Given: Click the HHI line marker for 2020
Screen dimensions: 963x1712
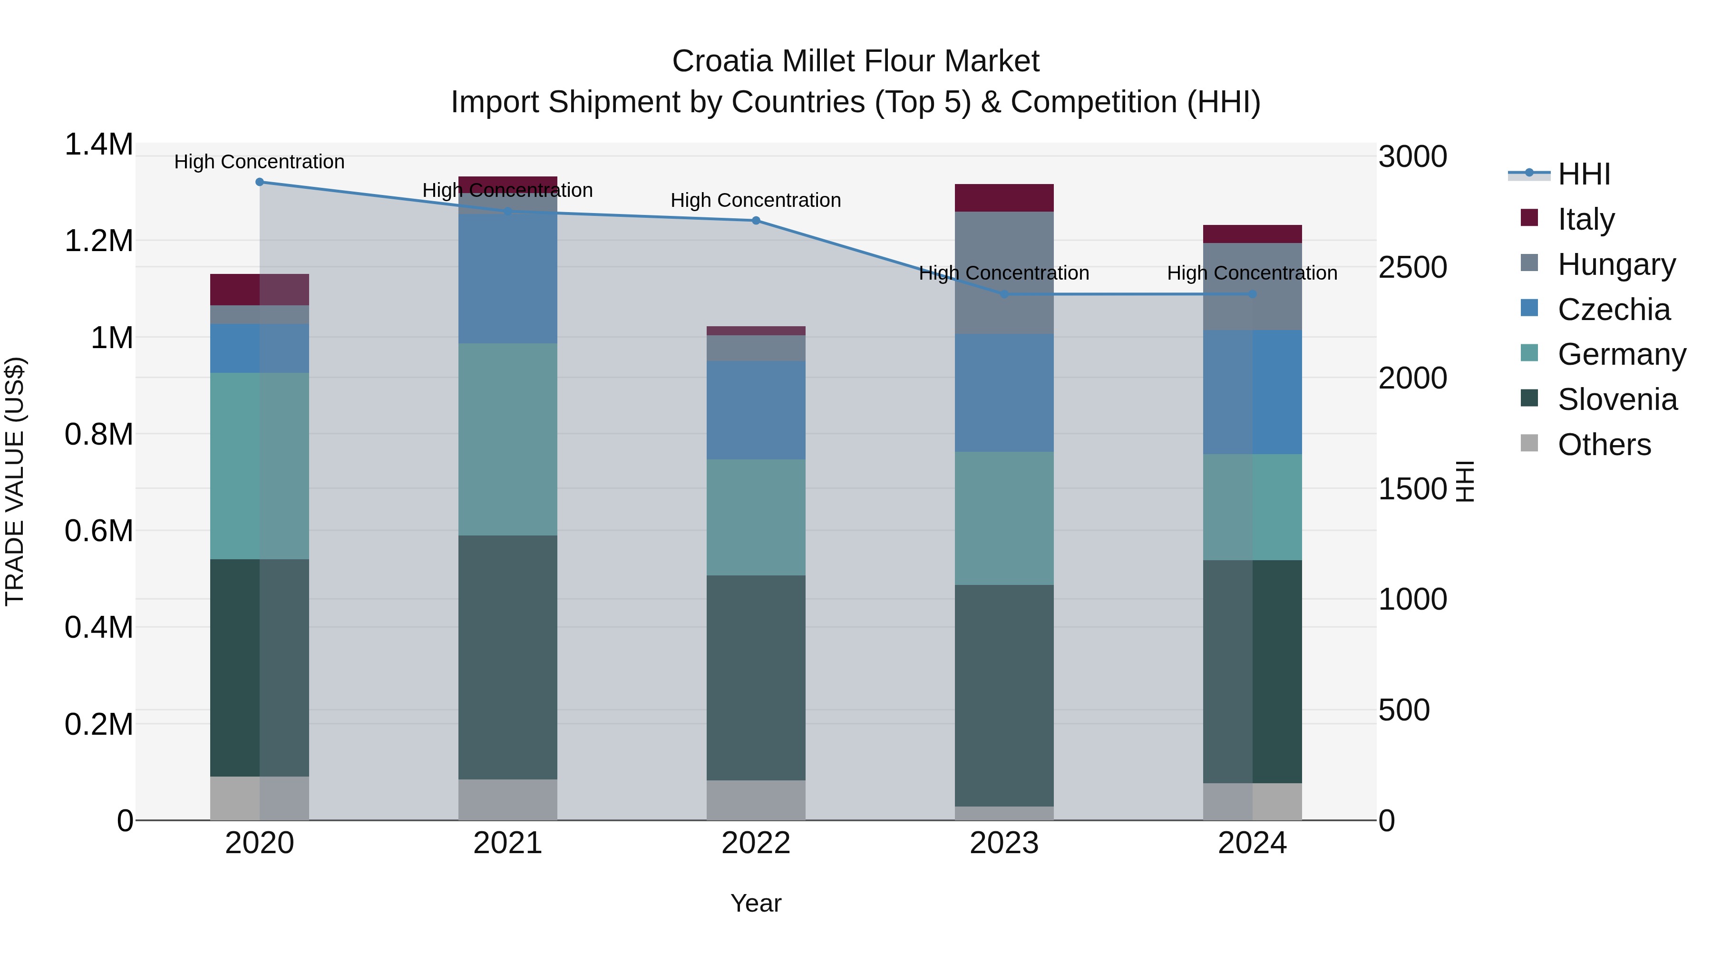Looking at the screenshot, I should pyautogui.click(x=260, y=182).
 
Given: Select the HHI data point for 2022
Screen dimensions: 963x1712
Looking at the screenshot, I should pyautogui.click(x=756, y=221).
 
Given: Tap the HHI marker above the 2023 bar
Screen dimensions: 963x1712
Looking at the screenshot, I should pyautogui.click(x=1004, y=294).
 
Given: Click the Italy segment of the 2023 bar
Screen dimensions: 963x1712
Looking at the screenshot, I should pyautogui.click(x=1004, y=198).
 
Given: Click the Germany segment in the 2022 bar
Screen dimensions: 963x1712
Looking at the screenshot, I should pyautogui.click(x=756, y=517).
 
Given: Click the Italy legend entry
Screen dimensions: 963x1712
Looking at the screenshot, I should pyautogui.click(x=1586, y=219).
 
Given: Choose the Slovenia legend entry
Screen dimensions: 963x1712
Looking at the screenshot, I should pyautogui.click(x=1617, y=399).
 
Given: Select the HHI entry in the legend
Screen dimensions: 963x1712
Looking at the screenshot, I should pyautogui.click(x=1584, y=174).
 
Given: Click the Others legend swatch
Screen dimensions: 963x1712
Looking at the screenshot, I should pyautogui.click(x=1529, y=443).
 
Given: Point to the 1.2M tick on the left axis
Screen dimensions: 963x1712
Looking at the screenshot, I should pyautogui.click(x=98, y=241).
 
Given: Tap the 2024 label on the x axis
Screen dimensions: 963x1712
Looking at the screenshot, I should pyautogui.click(x=1252, y=843).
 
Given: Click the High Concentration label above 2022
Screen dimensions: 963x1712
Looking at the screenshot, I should pyautogui.click(x=756, y=200).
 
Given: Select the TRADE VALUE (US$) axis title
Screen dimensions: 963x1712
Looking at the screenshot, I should pyautogui.click(x=15, y=481).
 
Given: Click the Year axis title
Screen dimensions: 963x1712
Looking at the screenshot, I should pyautogui.click(x=756, y=903).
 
